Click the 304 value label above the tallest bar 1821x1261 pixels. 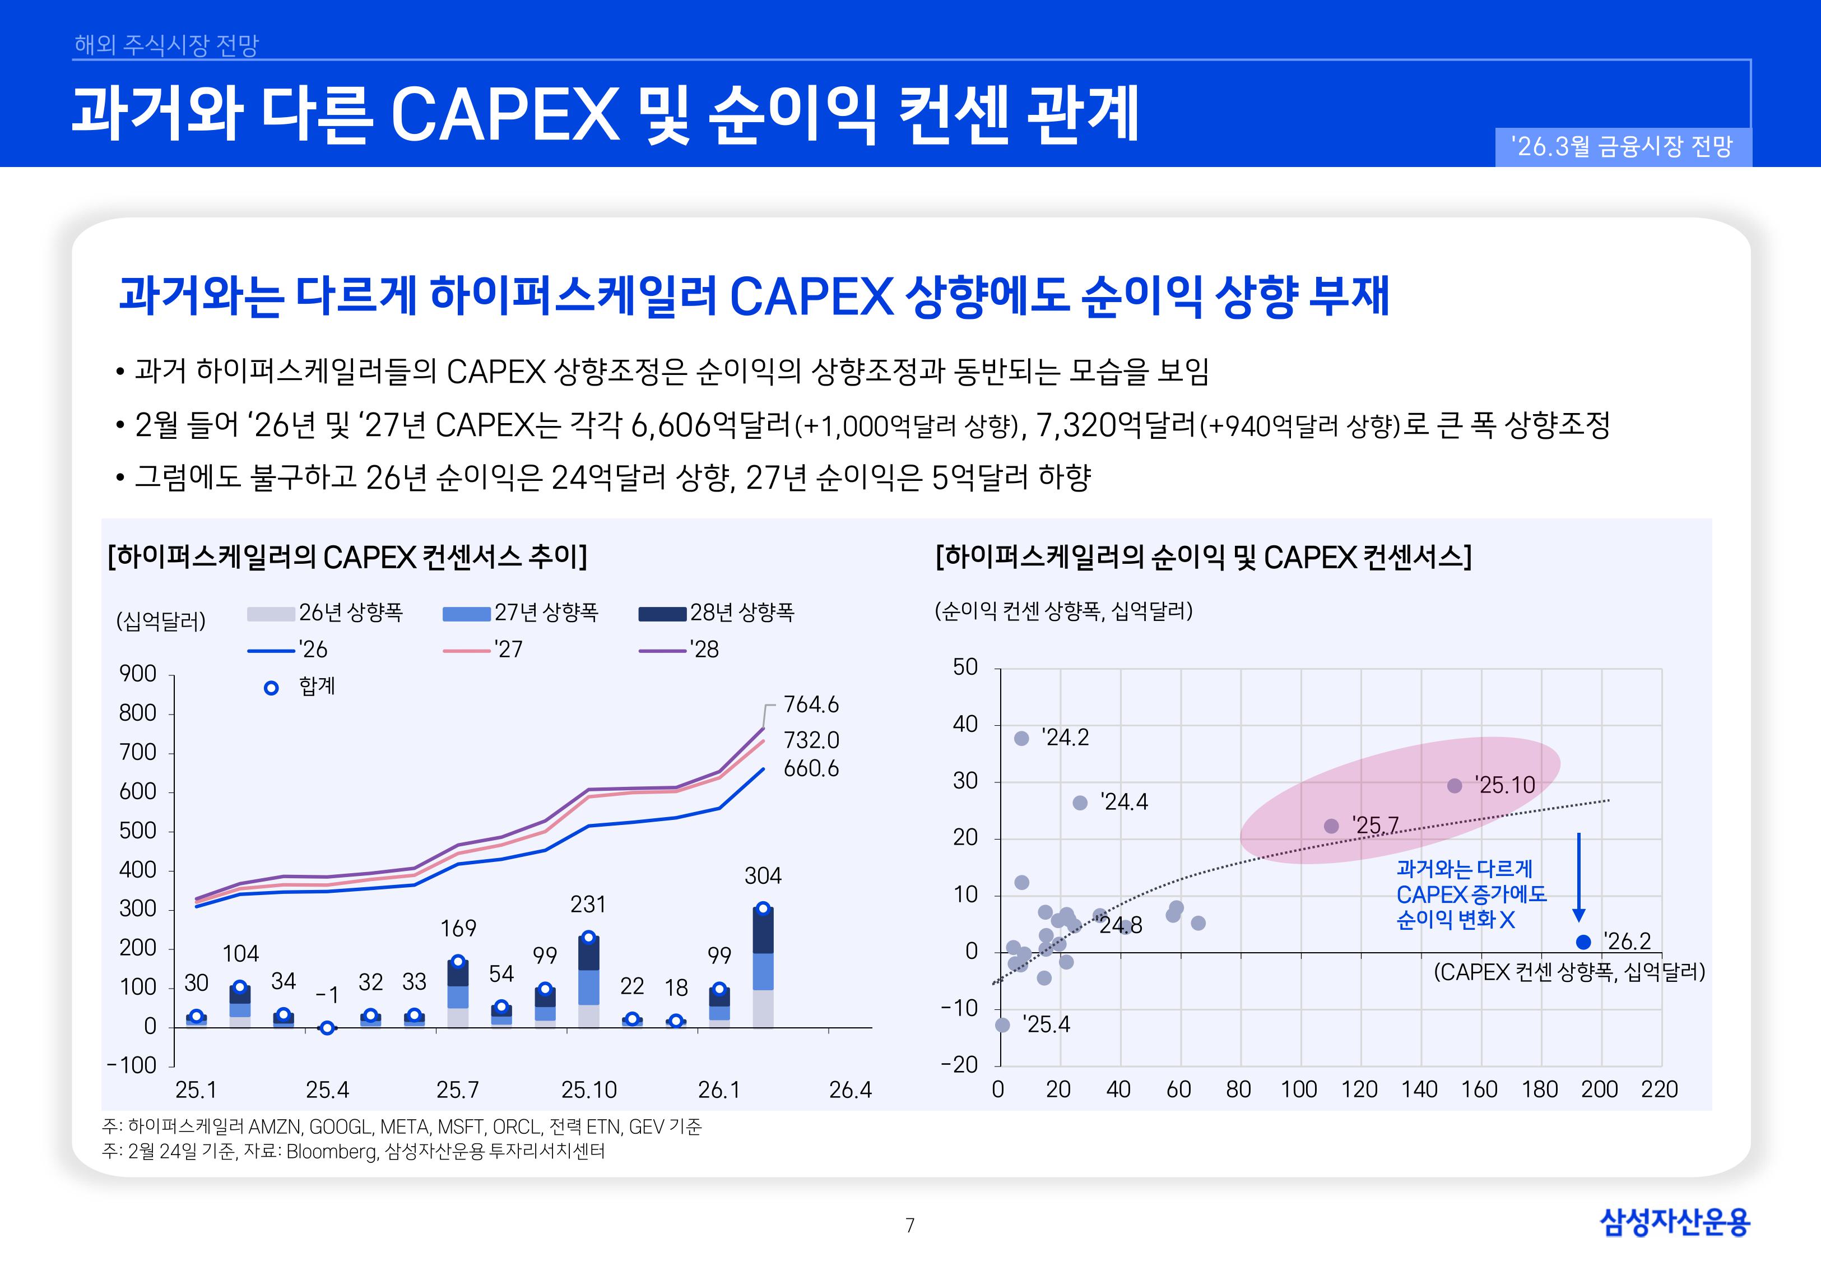[x=763, y=875]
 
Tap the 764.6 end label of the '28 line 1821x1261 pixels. [x=810, y=704]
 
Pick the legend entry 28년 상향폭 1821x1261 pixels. [x=716, y=613]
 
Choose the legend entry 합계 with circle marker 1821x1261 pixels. [x=300, y=687]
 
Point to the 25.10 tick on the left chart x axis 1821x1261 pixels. [x=588, y=1090]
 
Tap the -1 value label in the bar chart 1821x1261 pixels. [x=327, y=995]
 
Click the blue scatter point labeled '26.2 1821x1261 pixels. [x=1582, y=942]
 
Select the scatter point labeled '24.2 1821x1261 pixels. [x=1021, y=738]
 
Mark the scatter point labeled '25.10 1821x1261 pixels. [x=1455, y=785]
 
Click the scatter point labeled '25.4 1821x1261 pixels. [x=1002, y=1024]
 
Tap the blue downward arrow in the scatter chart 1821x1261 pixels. [x=1578, y=877]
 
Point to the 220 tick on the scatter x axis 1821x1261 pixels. [x=1659, y=1090]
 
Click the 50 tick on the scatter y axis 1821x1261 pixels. [x=965, y=667]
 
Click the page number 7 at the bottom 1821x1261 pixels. [x=910, y=1226]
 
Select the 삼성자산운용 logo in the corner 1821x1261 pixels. [x=1674, y=1222]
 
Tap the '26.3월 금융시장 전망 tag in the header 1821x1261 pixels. [x=1623, y=147]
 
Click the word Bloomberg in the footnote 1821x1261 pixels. [x=331, y=1151]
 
